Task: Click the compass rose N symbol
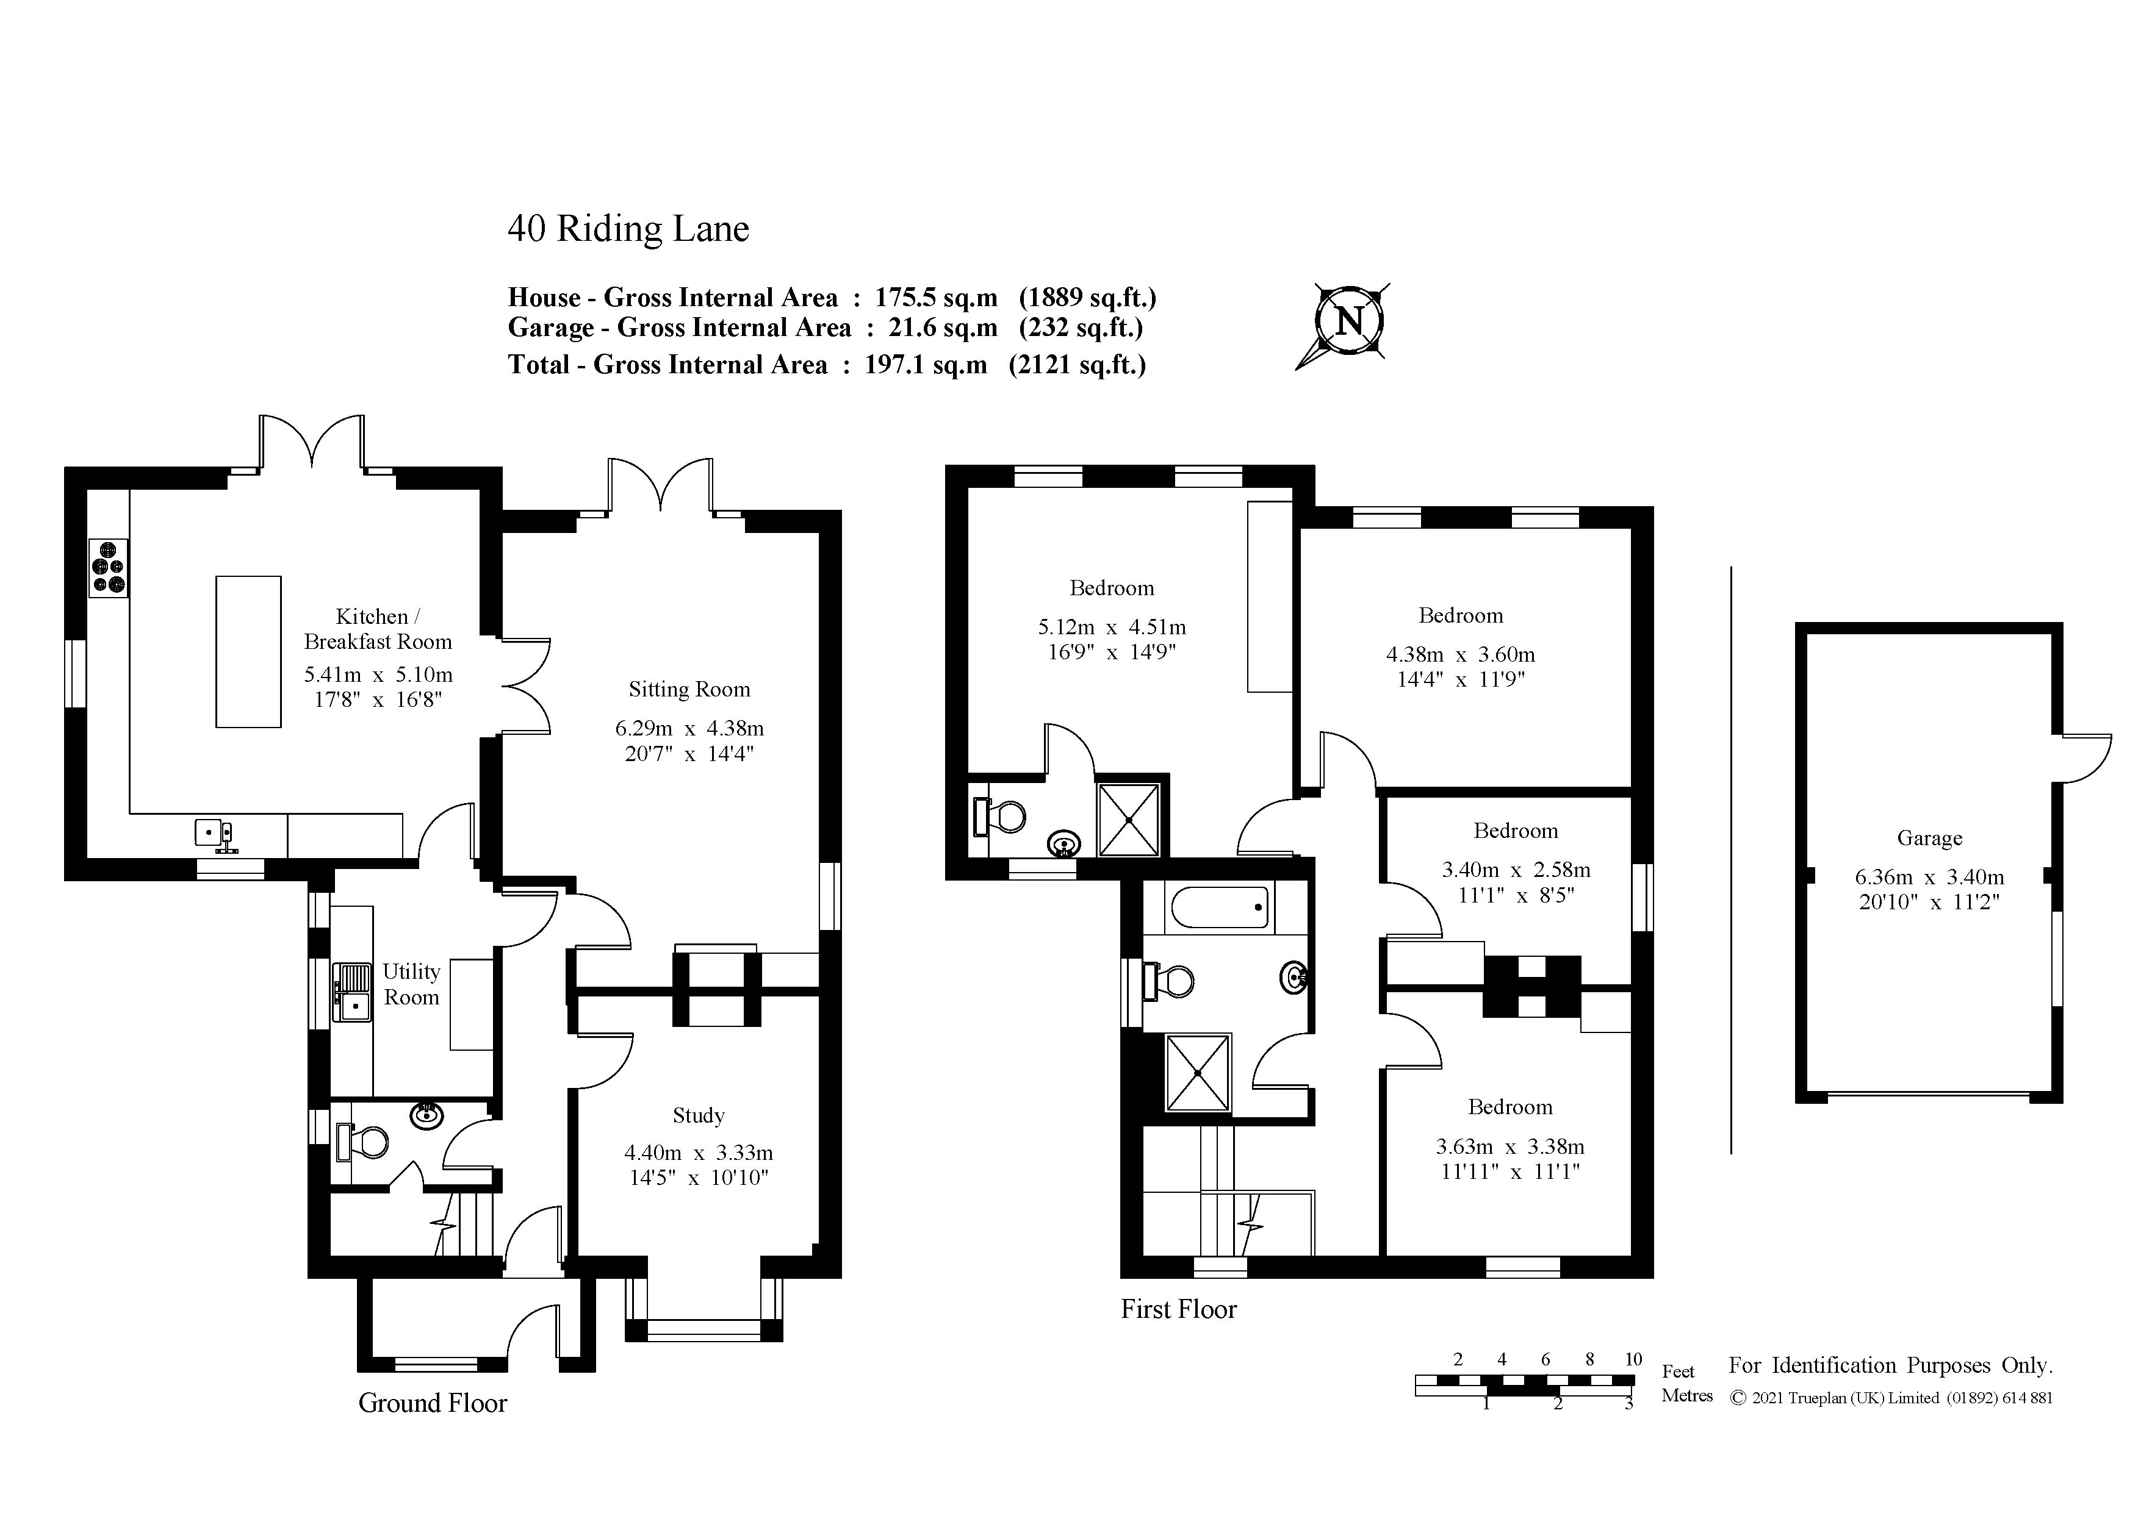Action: click(x=1349, y=321)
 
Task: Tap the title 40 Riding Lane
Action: click(x=628, y=229)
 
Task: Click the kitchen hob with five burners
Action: click(x=108, y=568)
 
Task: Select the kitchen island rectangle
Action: click(x=248, y=652)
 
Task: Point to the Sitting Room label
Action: click(x=689, y=690)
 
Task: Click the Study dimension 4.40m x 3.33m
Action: click(x=699, y=1153)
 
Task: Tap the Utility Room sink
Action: click(x=353, y=992)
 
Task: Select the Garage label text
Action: click(x=1929, y=838)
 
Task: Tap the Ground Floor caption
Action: click(x=433, y=1403)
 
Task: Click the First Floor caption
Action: click(x=1179, y=1310)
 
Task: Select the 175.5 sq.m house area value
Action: click(x=935, y=298)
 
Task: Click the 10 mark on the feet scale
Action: click(x=1633, y=1359)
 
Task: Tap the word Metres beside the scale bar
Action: click(x=1687, y=1395)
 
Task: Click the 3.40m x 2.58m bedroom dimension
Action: click(x=1516, y=870)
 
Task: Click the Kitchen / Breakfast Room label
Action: click(x=378, y=629)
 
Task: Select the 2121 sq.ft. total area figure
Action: click(x=1077, y=365)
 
